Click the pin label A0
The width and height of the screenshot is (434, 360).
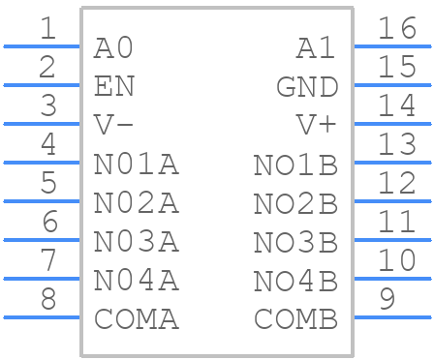113,47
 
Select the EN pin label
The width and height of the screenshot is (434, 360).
113,86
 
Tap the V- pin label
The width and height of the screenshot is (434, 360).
113,125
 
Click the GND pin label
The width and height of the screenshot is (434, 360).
307,86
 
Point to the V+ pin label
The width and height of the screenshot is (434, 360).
317,125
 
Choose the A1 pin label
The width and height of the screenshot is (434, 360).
317,47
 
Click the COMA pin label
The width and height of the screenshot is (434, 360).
136,318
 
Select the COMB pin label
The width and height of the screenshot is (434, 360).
295,318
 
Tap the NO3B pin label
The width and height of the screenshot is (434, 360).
295,241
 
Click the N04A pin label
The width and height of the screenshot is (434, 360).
136,281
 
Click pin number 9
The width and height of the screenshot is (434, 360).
387,300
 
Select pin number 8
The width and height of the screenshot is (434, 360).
47,300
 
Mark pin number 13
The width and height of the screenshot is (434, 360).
397,145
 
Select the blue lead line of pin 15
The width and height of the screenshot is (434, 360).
392,85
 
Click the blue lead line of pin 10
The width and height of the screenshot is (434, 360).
392,279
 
